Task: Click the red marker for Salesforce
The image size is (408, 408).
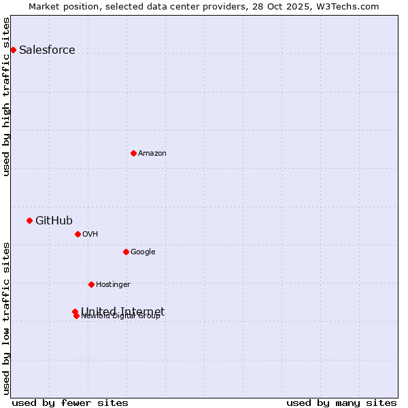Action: coord(13,50)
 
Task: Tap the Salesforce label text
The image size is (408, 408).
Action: coord(47,50)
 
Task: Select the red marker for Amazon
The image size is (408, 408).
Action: coord(133,153)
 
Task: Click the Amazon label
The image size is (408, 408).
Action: coord(152,154)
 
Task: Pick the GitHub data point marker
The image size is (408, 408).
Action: coord(29,220)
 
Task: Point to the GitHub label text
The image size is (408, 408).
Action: coord(54,220)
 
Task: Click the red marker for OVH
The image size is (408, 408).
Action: coord(78,234)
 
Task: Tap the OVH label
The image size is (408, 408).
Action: coord(90,235)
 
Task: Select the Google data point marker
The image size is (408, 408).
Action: coord(126,252)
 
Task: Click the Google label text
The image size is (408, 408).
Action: coord(143,252)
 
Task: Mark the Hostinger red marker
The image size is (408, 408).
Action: coord(91,284)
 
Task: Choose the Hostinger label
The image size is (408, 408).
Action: coord(113,285)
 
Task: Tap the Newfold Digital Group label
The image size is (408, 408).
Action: coord(121,317)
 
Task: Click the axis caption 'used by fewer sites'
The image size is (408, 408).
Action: coord(70,403)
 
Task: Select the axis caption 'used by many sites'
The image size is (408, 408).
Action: coord(341,403)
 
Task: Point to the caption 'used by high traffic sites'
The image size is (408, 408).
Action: coord(7,97)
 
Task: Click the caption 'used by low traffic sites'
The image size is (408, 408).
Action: coord(7,318)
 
